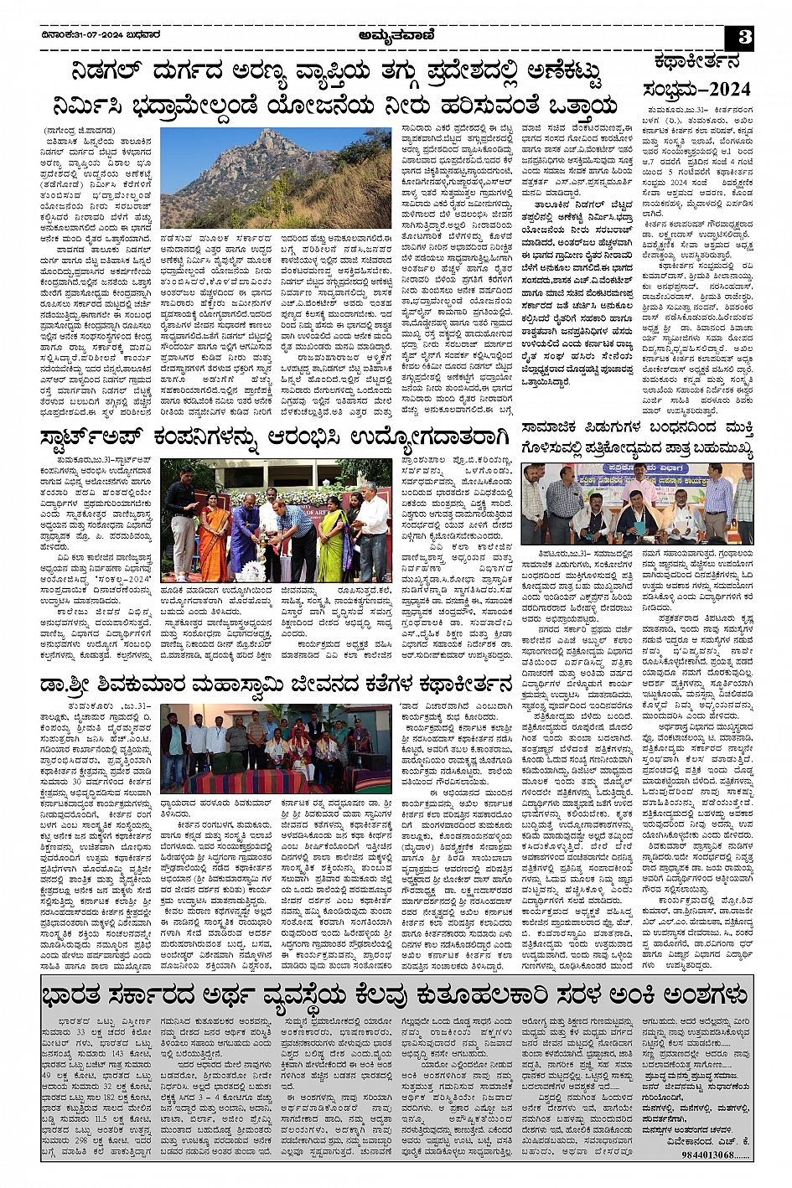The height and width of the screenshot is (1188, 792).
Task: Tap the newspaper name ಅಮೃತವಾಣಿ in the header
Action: point(396,35)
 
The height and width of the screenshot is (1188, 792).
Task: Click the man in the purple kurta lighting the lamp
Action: point(244,536)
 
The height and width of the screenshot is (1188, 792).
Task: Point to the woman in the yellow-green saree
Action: point(330,536)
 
